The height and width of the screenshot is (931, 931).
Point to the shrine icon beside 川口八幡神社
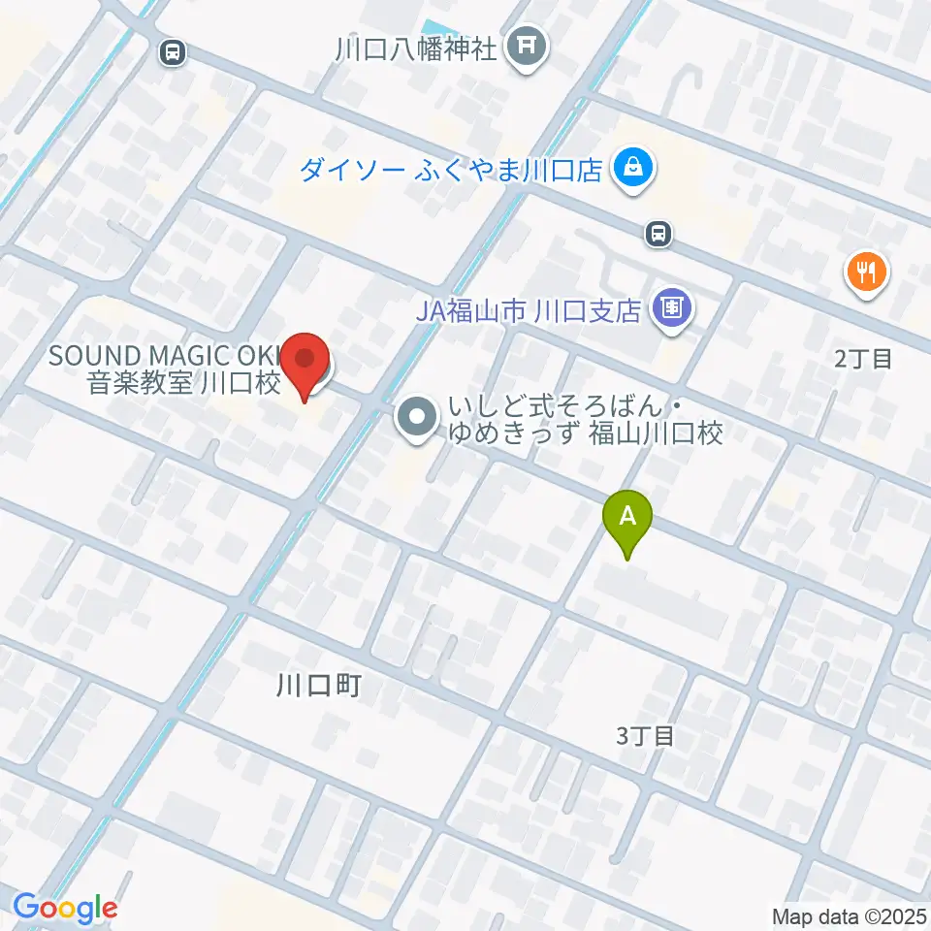tap(528, 47)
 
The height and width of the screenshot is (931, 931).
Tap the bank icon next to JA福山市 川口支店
tap(672, 310)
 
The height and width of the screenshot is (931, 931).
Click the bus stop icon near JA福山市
tap(659, 233)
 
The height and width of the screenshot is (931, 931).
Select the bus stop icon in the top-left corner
tap(173, 52)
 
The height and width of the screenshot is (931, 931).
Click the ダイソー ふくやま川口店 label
tap(452, 172)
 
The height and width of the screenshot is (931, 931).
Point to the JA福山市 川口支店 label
tap(529, 311)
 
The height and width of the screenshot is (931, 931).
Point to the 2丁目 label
tap(862, 359)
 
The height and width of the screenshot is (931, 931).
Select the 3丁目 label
tap(645, 736)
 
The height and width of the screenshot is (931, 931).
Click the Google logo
tap(65, 908)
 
